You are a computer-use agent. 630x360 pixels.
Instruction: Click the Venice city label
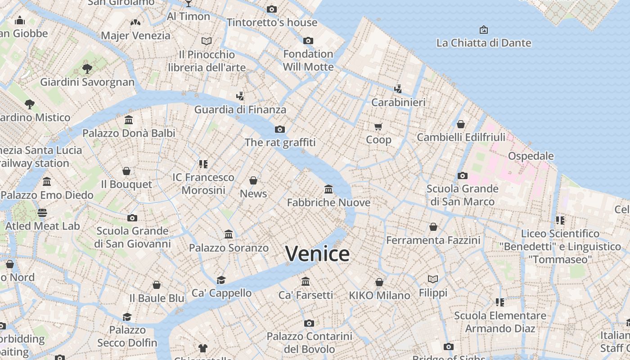click(317, 254)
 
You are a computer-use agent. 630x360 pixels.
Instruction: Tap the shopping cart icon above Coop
click(378, 126)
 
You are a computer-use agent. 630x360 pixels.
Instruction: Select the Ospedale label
click(531, 156)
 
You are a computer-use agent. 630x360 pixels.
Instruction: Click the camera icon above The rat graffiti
click(280, 130)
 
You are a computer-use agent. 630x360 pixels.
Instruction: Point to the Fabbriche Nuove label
click(328, 202)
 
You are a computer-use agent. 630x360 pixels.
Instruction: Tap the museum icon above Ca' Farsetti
click(306, 282)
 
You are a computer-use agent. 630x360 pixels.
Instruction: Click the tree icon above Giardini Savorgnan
click(87, 69)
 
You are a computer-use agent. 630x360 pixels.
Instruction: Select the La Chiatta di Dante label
click(484, 43)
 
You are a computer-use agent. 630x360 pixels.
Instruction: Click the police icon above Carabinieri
click(398, 89)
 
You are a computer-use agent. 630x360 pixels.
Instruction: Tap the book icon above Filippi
click(433, 279)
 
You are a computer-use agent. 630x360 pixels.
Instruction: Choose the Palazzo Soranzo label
click(229, 248)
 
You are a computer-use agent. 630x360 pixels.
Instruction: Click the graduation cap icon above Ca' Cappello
click(221, 280)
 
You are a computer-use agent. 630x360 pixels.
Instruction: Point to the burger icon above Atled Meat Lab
click(42, 212)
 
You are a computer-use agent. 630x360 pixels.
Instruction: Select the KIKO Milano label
click(379, 296)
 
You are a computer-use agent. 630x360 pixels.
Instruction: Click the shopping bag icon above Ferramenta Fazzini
click(433, 227)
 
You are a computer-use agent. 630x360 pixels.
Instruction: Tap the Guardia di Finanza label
click(240, 109)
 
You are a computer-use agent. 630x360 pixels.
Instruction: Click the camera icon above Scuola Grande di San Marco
click(462, 175)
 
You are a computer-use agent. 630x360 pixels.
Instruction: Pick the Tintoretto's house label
click(272, 22)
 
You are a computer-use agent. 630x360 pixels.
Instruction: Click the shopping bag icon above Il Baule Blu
click(157, 285)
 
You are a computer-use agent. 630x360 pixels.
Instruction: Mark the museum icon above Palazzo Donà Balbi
click(129, 120)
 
